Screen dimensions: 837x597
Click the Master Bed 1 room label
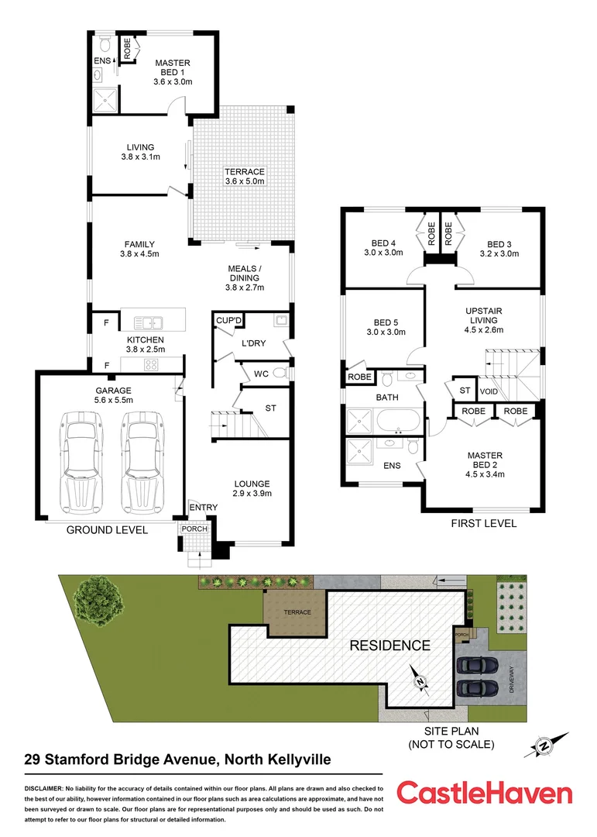pyautogui.click(x=173, y=71)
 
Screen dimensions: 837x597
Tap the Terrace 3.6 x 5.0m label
pyautogui.click(x=245, y=177)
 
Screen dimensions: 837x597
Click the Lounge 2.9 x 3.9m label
pyautogui.click(x=252, y=488)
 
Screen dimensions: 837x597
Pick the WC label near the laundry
pyautogui.click(x=261, y=374)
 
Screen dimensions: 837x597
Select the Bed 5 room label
pyautogui.click(x=385, y=327)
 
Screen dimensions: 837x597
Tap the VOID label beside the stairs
pyautogui.click(x=489, y=391)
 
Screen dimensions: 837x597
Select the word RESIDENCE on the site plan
pyautogui.click(x=389, y=645)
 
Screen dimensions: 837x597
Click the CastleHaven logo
pyautogui.click(x=485, y=794)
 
